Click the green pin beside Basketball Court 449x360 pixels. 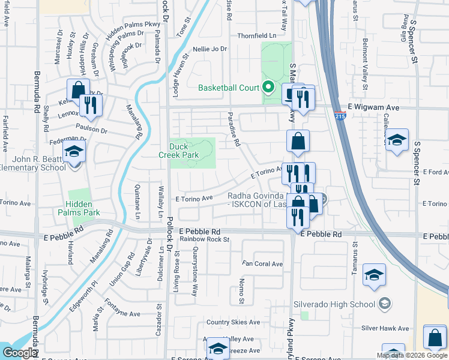pyautogui.click(x=268, y=88)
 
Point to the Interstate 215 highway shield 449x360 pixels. pyautogui.click(x=340, y=118)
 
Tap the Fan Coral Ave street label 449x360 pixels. pyautogui.click(x=262, y=263)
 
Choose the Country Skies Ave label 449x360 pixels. pyautogui.click(x=234, y=322)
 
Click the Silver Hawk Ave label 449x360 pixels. pyautogui.click(x=384, y=328)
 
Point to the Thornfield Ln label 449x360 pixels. pyautogui.click(x=256, y=35)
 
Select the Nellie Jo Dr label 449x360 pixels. pyautogui.click(x=210, y=49)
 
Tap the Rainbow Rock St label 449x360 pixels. pyautogui.click(x=205, y=239)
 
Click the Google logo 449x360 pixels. pyautogui.click(x=19, y=353)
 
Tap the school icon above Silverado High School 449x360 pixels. pyautogui.click(x=375, y=275)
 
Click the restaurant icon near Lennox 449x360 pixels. pyautogui.click(x=91, y=106)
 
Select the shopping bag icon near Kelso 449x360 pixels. pyautogui.click(x=78, y=91)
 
